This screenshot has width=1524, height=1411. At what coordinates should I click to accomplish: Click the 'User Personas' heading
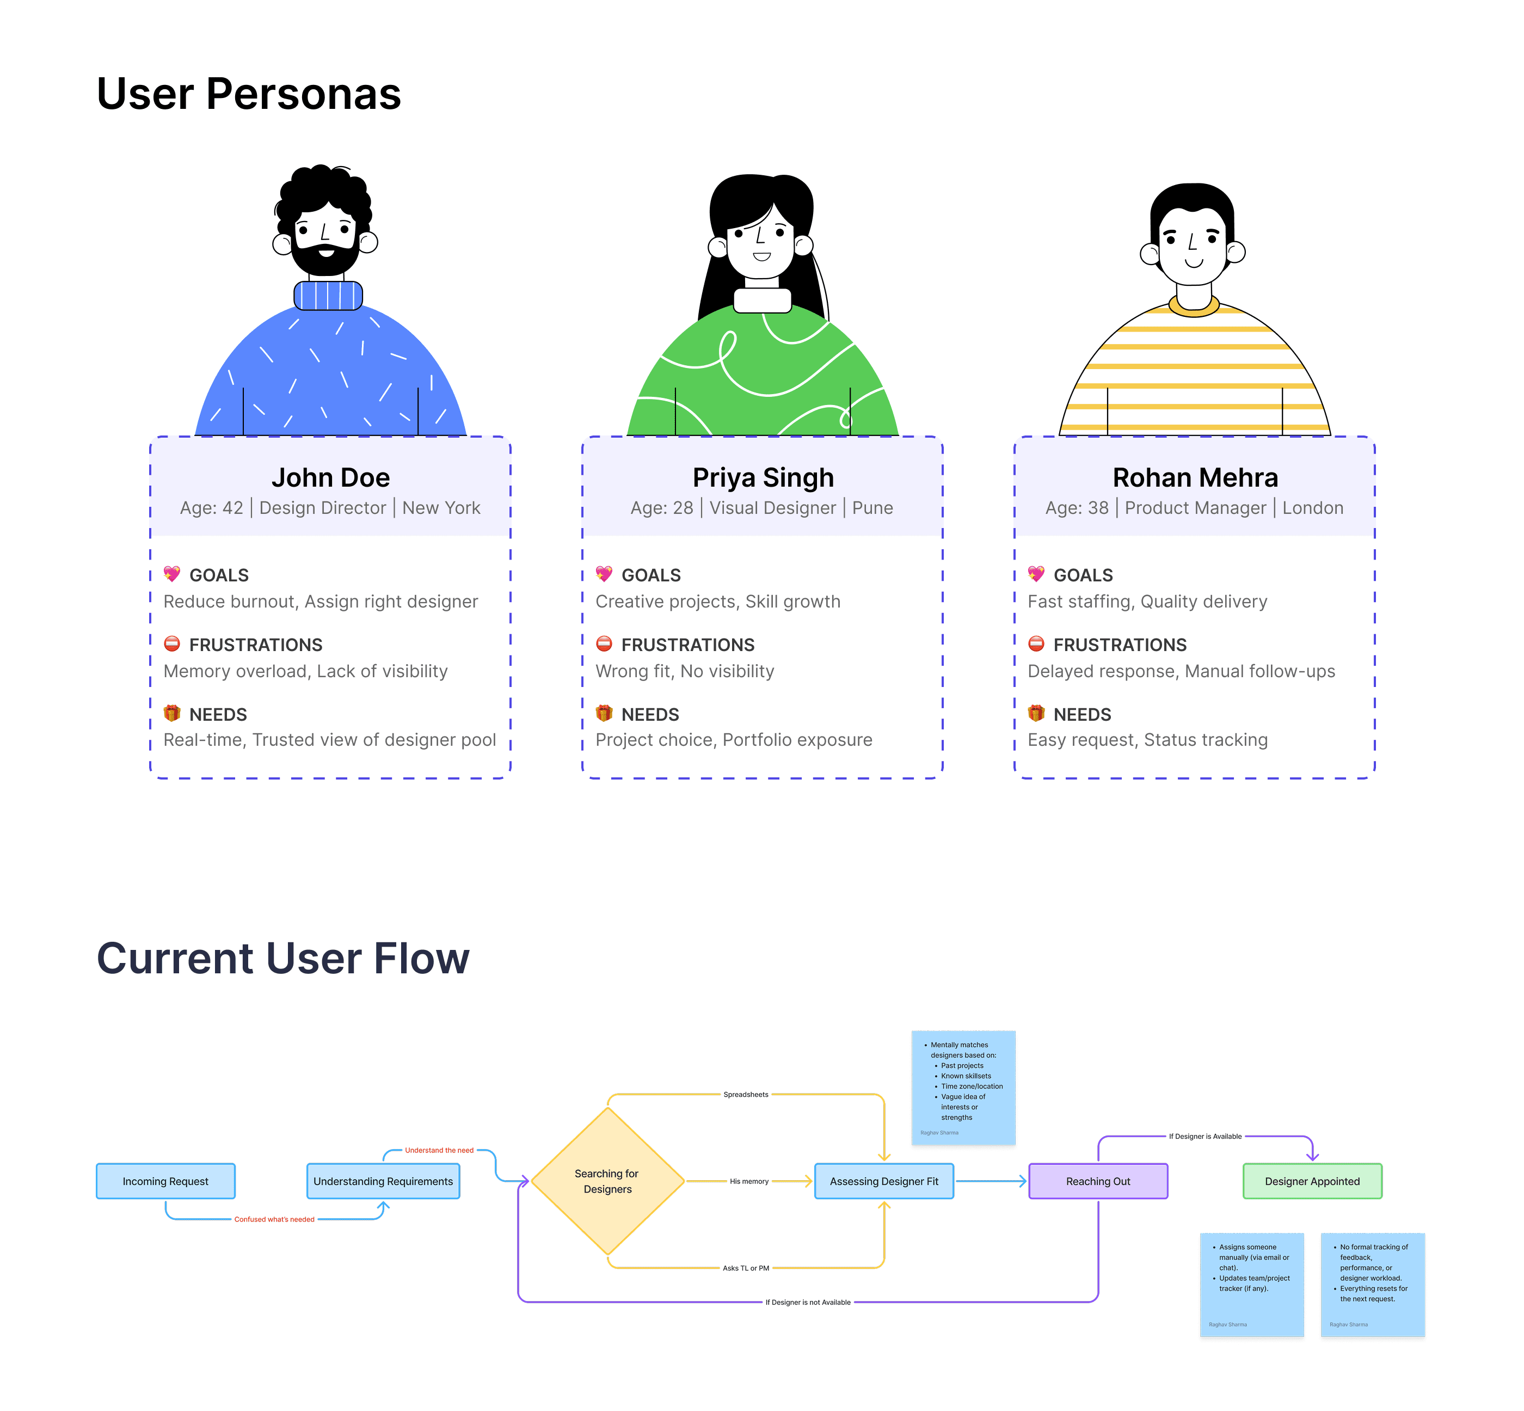click(248, 94)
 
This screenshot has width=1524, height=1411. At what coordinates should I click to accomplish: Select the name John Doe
click(330, 477)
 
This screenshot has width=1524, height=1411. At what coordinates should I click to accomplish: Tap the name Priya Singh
click(763, 477)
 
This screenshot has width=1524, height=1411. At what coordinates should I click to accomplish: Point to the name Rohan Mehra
click(1195, 477)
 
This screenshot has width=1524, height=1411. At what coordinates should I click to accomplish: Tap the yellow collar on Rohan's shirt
click(1194, 308)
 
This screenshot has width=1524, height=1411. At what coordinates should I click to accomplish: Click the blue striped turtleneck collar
click(328, 296)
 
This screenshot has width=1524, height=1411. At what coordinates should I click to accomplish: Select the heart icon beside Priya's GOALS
click(604, 574)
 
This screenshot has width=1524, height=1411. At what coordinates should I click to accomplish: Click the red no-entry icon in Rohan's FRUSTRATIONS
click(1036, 643)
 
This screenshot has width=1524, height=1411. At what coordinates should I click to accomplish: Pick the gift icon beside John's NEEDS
click(172, 713)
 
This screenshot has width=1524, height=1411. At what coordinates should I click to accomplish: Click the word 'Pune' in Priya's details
click(872, 508)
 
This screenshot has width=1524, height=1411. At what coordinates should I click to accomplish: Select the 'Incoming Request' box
click(165, 1181)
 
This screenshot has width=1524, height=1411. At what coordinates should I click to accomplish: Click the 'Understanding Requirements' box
click(383, 1181)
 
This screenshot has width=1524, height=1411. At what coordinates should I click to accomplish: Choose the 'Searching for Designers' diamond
click(607, 1181)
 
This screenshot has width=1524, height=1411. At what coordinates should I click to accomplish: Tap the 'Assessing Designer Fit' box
click(883, 1181)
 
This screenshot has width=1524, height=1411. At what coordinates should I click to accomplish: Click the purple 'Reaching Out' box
click(1098, 1181)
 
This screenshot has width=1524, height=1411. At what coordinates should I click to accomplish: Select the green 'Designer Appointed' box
click(1312, 1181)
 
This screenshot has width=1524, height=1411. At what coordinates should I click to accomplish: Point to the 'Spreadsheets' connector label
click(746, 1094)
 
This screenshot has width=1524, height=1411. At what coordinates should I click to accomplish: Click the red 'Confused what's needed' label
click(274, 1219)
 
